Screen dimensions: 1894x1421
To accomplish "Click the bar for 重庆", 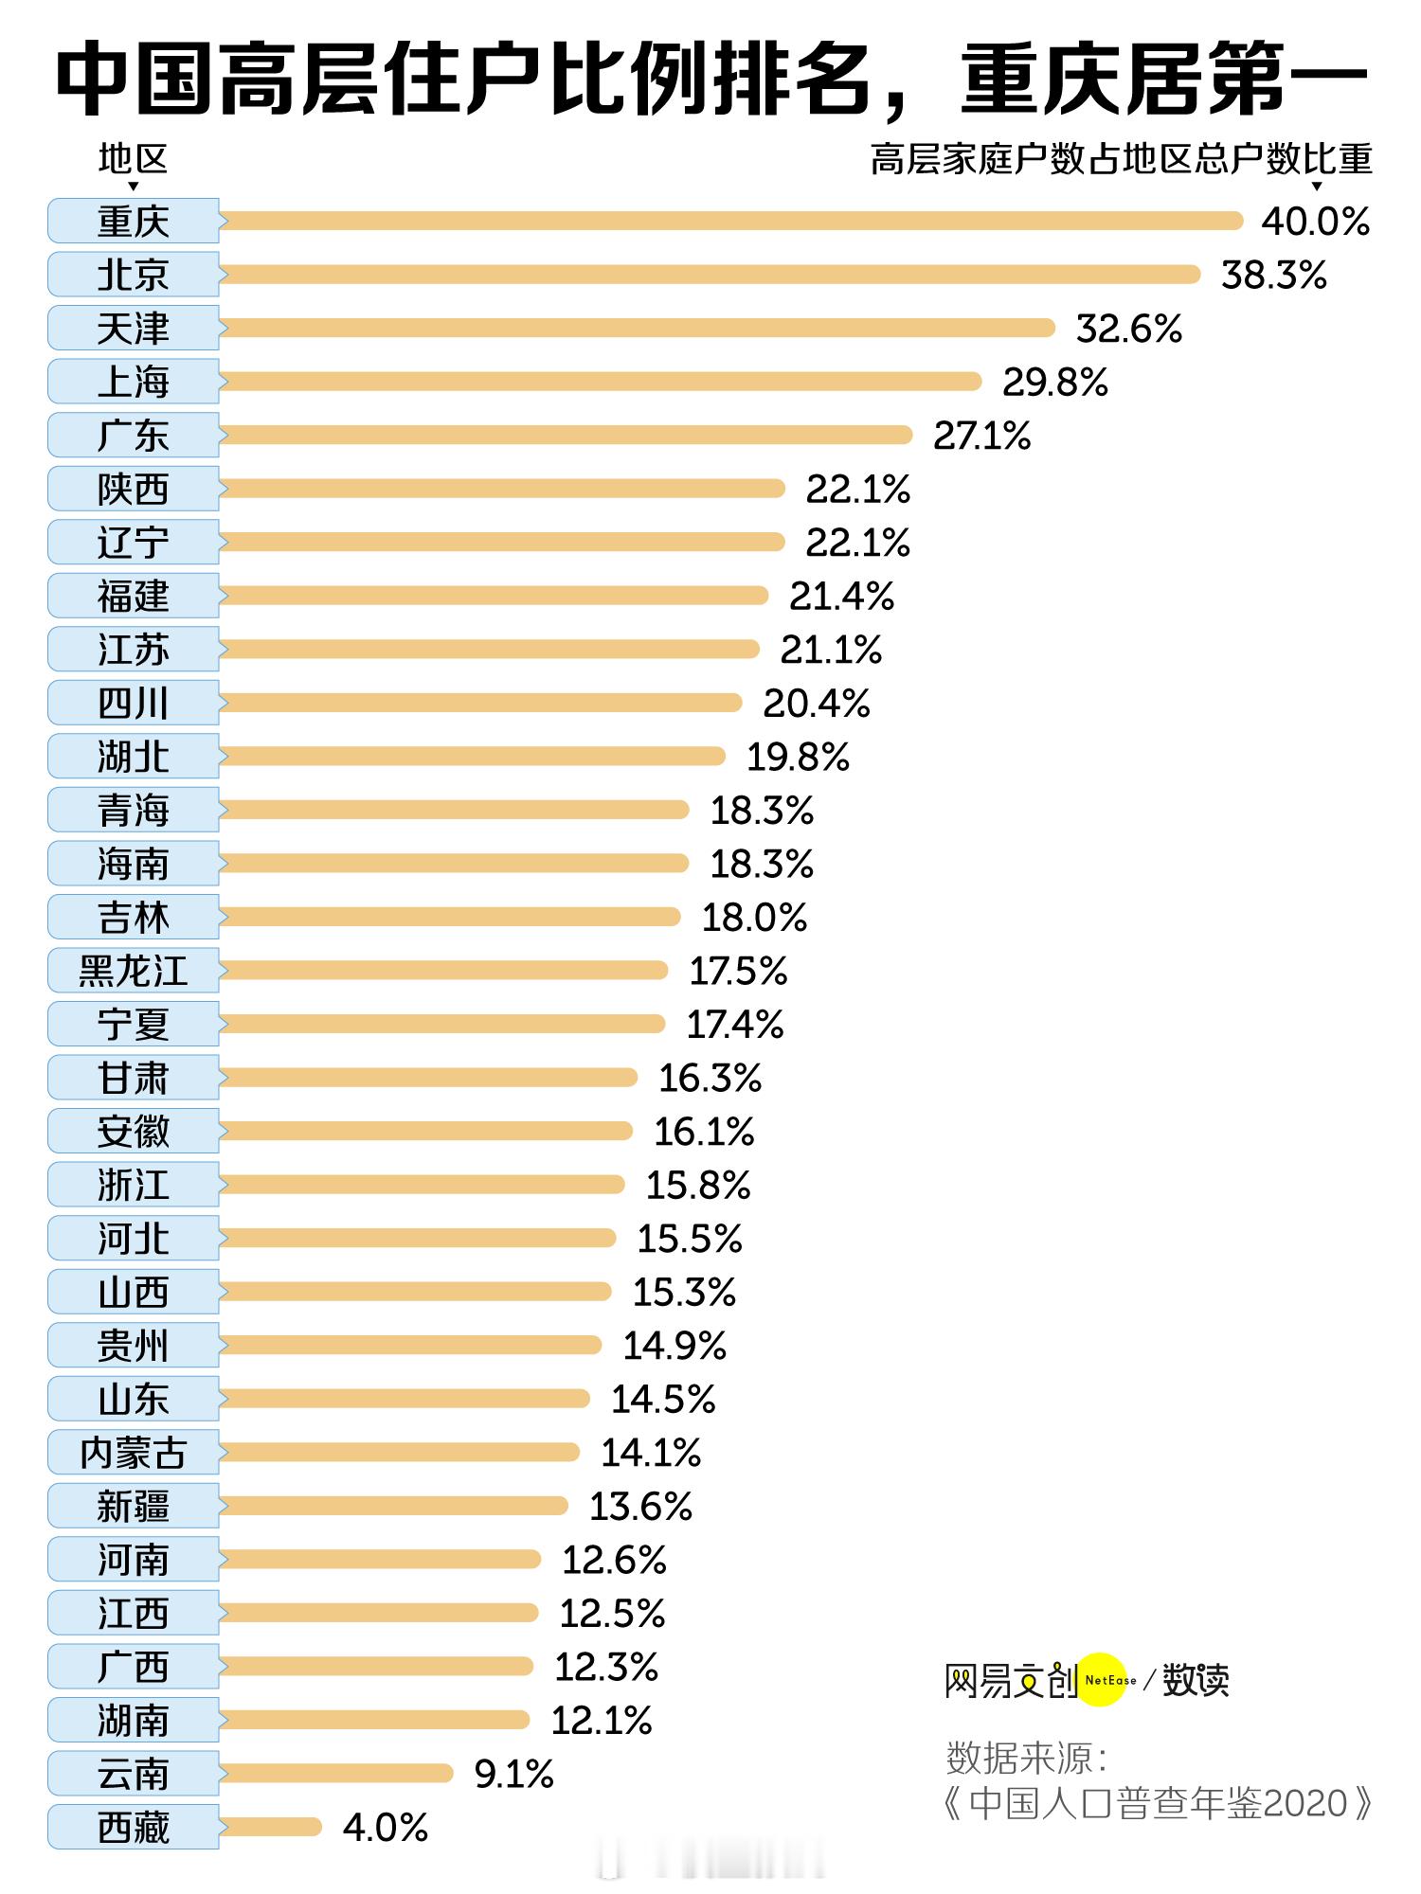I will pos(729,221).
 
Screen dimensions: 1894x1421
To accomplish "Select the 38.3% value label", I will pos(1273,276).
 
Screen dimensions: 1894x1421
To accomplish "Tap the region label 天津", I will pos(134,329).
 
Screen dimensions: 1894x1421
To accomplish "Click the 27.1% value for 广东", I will pos(981,437).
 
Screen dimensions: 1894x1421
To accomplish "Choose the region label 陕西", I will pos(134,490).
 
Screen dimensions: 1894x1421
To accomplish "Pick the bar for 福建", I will pos(493,596).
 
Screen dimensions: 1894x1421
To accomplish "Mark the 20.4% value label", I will pos(816,704).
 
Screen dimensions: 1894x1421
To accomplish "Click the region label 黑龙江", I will pos(134,971).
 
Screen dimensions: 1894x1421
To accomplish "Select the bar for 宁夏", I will pos(441,1024).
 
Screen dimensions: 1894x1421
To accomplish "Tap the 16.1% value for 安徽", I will pos(704,1132).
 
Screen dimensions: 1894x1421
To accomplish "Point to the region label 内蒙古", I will pos(134,1453).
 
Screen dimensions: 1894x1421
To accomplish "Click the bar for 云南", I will pos(336,1774).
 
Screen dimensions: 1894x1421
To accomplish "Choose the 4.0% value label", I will pos(386,1828).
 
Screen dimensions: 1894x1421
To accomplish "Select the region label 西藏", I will pos(134,1828).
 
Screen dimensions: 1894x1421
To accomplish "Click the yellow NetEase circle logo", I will pos(1105,1680).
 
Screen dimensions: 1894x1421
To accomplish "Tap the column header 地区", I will pos(133,159).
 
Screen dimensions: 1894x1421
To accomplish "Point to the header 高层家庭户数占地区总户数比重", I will pos(1121,159).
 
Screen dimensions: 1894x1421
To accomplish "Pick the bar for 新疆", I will pos(393,1506).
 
